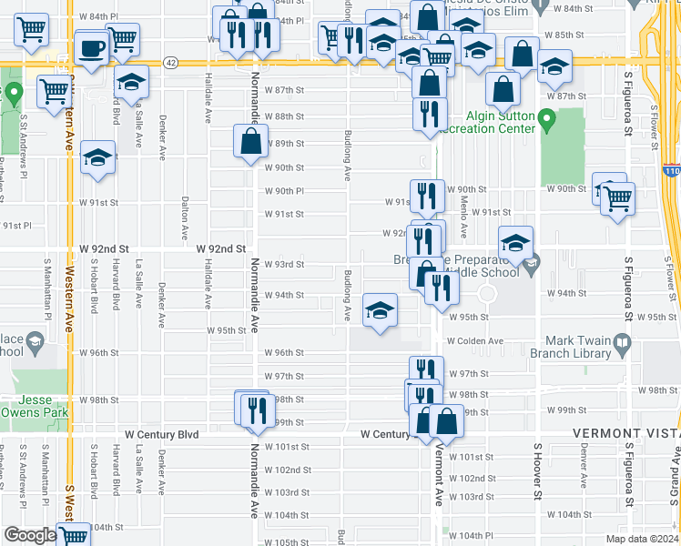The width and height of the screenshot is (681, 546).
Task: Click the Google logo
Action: [29, 534]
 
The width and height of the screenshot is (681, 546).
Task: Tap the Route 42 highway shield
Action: [170, 62]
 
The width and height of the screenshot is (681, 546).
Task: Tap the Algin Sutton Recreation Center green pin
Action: [546, 118]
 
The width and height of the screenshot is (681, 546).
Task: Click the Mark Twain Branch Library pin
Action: [623, 345]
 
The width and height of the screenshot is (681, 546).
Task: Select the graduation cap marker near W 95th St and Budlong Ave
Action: [380, 310]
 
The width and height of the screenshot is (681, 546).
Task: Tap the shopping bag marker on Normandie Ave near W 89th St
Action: [250, 142]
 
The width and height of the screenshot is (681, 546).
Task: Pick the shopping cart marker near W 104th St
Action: [73, 536]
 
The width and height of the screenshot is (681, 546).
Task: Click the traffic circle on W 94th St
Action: [486, 294]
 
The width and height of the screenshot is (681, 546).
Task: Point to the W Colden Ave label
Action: [474, 341]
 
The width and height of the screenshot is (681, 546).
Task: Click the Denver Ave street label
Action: [584, 464]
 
